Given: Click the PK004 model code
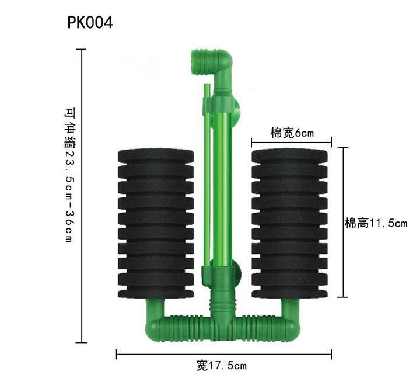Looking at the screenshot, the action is click(90, 23).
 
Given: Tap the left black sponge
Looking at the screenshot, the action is click(156, 224).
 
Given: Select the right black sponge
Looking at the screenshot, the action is click(289, 224).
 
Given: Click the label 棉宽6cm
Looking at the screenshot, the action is click(292, 133).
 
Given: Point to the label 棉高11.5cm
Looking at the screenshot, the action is click(376, 223).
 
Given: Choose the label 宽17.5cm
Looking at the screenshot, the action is click(222, 366).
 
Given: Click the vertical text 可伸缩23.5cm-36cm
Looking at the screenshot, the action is click(69, 175).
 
